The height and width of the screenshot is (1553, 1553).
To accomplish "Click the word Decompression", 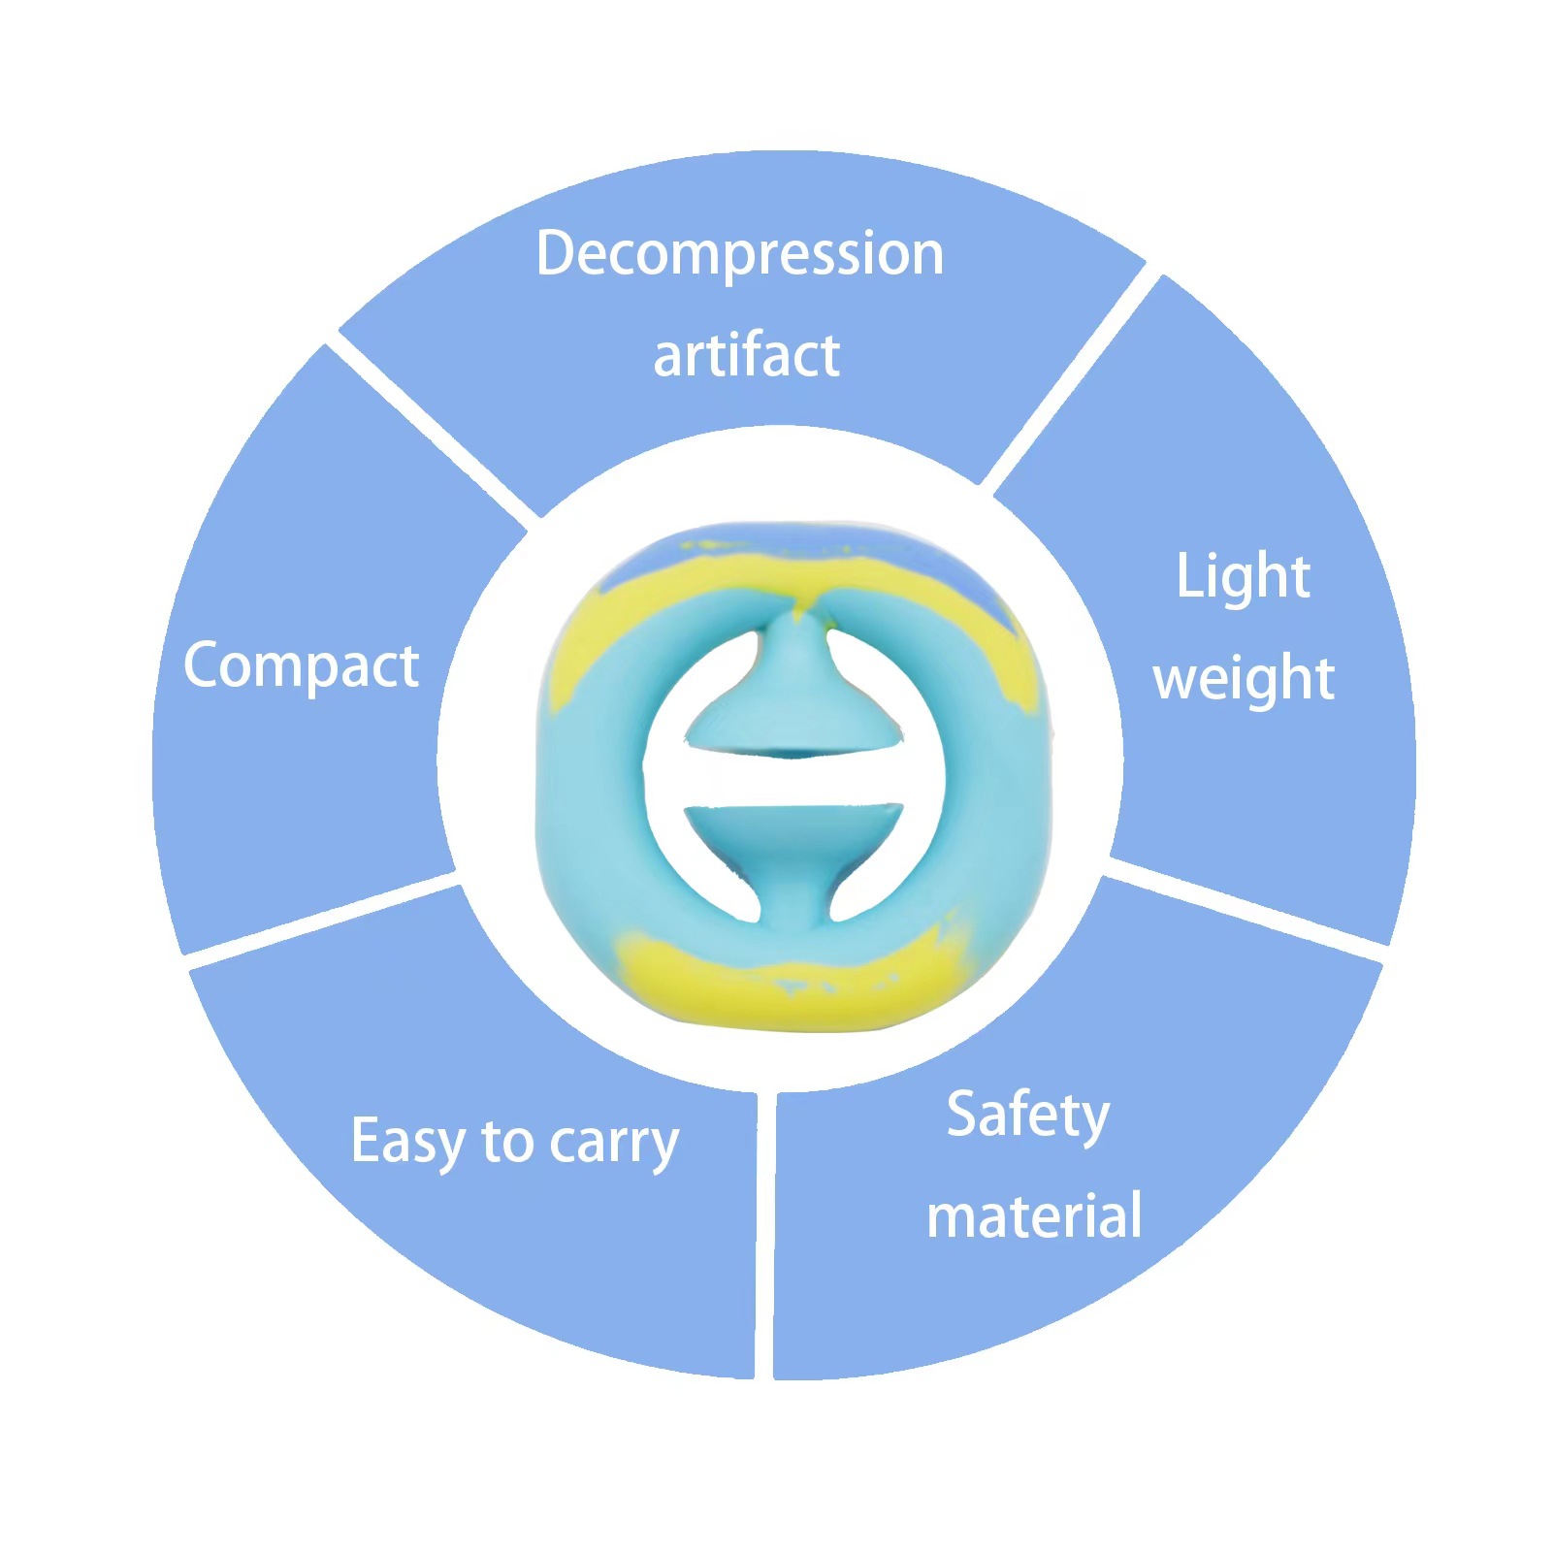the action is [739, 254].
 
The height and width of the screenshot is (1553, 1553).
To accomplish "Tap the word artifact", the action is [746, 355].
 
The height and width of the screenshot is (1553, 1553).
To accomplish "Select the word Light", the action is [1243, 577].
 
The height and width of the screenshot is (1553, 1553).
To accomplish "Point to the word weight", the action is [1244, 678].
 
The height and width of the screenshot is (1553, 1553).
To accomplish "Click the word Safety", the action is [1027, 1116].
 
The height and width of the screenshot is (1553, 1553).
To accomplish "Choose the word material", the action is [1034, 1216].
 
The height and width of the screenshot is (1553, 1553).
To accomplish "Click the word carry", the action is [614, 1145].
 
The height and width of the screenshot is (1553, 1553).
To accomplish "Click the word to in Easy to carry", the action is [506, 1142].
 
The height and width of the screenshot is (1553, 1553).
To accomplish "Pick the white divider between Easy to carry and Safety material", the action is [764, 1232].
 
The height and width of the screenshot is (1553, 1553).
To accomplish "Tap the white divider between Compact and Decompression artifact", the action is [432, 427].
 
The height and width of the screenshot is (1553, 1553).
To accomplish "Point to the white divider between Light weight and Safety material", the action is [1246, 907].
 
